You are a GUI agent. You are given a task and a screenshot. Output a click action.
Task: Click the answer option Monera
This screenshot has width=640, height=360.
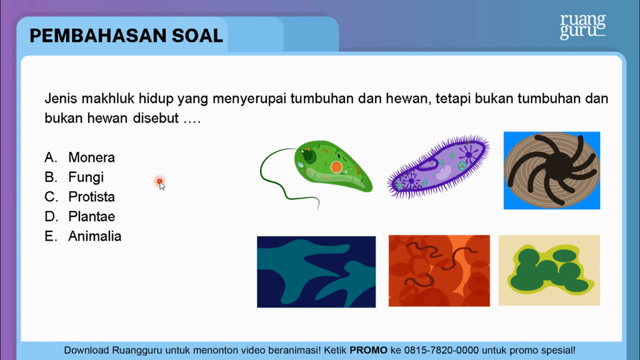(91, 157)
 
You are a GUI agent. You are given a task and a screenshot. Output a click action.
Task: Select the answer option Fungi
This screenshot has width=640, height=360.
(86, 177)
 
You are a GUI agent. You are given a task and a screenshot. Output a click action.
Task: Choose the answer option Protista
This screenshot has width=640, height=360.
(91, 197)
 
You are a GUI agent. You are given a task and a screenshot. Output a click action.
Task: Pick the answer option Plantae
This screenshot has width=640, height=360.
(91, 216)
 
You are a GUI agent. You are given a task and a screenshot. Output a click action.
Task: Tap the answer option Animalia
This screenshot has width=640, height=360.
(95, 236)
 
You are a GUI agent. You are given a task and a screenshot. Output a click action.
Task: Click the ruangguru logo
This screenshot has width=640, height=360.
(583, 26)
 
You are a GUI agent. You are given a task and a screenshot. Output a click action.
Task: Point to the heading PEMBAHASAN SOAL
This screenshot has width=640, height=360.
(126, 36)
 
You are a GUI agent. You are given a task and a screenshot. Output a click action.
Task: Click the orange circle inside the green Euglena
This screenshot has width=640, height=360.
(336, 166)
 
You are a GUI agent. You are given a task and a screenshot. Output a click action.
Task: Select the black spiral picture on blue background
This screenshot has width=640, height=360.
(552, 171)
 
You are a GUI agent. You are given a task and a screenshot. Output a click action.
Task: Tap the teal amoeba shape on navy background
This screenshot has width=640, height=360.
(316, 272)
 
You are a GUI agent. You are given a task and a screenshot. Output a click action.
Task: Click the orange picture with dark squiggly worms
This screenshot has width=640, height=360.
(439, 271)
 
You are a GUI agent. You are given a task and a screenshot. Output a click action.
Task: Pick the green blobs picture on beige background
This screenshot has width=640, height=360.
(549, 270)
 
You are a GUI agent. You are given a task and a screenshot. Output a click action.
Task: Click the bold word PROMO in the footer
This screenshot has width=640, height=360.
(369, 350)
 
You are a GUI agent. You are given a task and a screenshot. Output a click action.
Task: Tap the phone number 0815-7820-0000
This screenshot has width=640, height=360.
(442, 350)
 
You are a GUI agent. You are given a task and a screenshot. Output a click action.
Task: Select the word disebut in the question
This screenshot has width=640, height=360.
(156, 118)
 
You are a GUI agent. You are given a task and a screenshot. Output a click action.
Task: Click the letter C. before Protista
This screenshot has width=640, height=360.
(51, 197)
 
